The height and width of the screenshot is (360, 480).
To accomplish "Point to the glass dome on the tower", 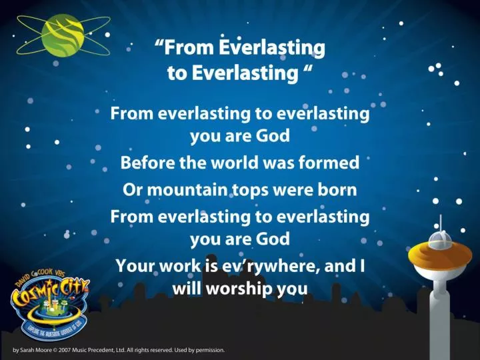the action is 439,239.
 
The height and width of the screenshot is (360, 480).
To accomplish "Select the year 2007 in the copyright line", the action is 65,349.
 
